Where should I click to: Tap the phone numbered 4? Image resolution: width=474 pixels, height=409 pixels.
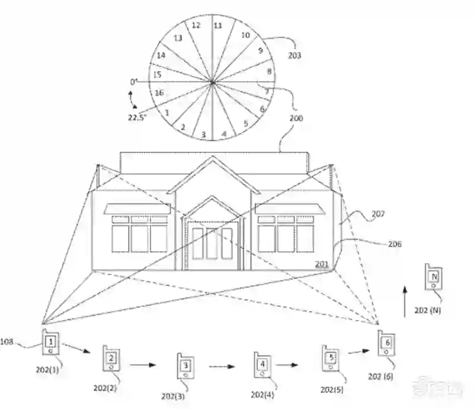coord(262,363)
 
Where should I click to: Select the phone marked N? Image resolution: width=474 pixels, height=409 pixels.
coord(434,277)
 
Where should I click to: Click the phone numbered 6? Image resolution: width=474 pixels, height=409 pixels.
coord(386,343)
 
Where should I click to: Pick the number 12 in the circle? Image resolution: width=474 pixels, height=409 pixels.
coord(196,25)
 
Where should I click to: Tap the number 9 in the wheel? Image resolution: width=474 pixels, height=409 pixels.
coord(260,51)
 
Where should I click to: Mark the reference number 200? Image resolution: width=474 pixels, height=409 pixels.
coord(297,118)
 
